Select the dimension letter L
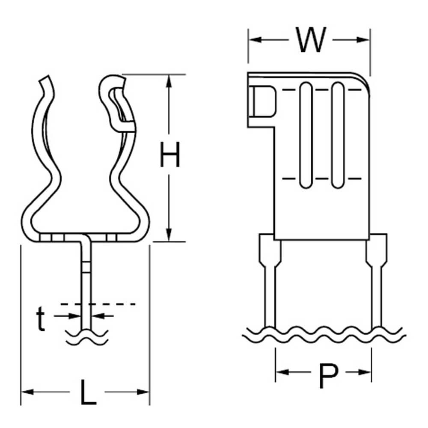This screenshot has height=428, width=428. tap(88, 391)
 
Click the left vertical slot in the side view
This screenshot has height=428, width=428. tap(306, 135)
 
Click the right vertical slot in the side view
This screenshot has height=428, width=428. tap(338, 135)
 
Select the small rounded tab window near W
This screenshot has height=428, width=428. tap(262, 101)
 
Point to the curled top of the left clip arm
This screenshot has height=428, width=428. tap(46, 83)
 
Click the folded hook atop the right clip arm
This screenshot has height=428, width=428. tap(113, 92)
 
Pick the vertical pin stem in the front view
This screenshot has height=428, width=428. tap(87, 282)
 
